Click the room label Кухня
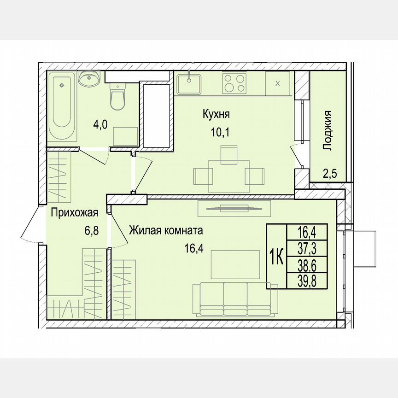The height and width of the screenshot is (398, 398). (216, 114)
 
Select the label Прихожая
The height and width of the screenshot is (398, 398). (74, 212)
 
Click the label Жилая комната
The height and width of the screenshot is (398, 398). (166, 230)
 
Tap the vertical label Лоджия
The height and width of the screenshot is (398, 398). (328, 130)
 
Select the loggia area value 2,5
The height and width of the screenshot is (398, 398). (329, 174)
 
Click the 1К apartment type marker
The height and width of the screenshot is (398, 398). (276, 256)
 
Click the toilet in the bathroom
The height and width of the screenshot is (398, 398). (118, 97)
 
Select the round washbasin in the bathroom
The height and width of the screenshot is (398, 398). (89, 79)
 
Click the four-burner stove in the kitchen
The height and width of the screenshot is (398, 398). (234, 83)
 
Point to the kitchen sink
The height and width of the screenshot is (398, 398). (189, 83)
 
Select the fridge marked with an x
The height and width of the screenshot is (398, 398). (277, 83)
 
